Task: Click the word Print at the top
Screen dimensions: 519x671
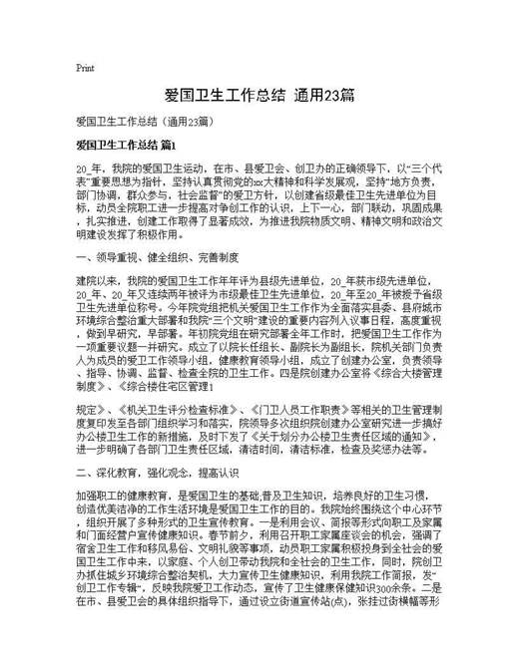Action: coord(85,68)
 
